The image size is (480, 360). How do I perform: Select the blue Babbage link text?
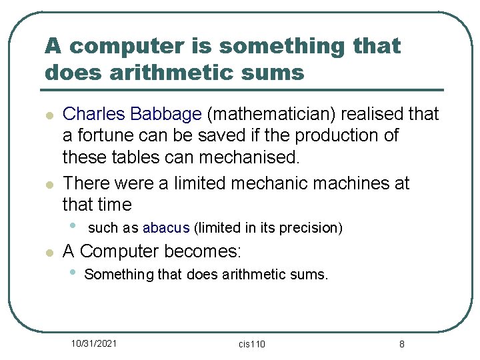click(x=166, y=114)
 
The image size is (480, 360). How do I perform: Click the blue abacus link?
click(x=166, y=228)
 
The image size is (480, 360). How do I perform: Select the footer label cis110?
click(x=251, y=344)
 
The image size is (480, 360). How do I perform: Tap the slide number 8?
click(x=401, y=344)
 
